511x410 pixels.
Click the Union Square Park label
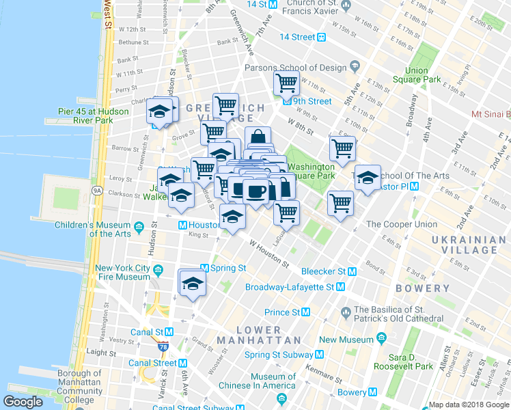pyautogui.click(x=422, y=75)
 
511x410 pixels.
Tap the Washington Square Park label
pyautogui.click(x=311, y=171)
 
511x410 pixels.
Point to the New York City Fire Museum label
pyautogui.click(x=122, y=272)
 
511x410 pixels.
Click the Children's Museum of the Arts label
pyautogui.click(x=92, y=230)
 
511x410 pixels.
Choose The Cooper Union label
pyautogui.click(x=401, y=224)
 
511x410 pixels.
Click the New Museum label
pyautogui.click(x=346, y=340)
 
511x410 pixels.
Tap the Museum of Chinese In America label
pyautogui.click(x=263, y=381)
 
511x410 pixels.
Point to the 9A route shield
pyautogui.click(x=97, y=191)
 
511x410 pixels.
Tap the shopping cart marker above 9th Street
pyautogui.click(x=286, y=84)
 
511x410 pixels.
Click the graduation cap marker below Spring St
pyautogui.click(x=193, y=284)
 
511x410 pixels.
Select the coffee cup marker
pyautogui.click(x=256, y=191)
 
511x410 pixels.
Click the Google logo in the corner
pyautogui.click(x=23, y=402)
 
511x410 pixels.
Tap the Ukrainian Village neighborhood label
pyautogui.click(x=464, y=245)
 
